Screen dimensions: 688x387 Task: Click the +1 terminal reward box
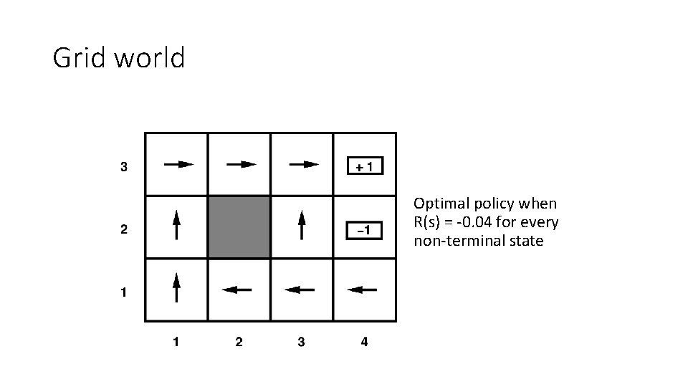tap(365, 166)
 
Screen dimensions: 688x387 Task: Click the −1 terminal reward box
tap(365, 230)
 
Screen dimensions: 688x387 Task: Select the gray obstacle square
tap(239, 227)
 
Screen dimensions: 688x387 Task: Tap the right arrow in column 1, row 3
tap(178, 164)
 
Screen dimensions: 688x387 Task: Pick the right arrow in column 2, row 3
tap(241, 164)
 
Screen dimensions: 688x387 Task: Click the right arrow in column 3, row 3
tap(303, 164)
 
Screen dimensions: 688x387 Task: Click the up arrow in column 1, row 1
tap(176, 288)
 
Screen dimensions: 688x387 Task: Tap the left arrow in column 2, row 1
tap(237, 290)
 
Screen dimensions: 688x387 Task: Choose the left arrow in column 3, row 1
tap(300, 290)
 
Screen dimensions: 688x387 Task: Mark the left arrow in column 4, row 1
tap(362, 290)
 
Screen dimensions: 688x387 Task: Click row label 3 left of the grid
tap(123, 168)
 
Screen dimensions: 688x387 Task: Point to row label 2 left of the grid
tap(123, 230)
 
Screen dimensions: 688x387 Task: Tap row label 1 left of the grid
tap(123, 292)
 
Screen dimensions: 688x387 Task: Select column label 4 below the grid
tap(364, 342)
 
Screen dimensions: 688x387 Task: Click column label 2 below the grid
tap(239, 342)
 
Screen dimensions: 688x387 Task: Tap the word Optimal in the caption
tap(439, 204)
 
